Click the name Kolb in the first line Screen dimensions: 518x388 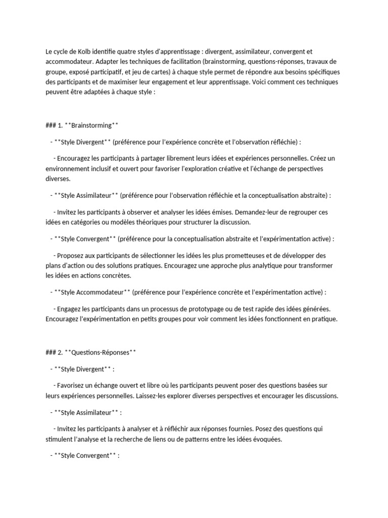85,52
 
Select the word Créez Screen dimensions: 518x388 317,158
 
